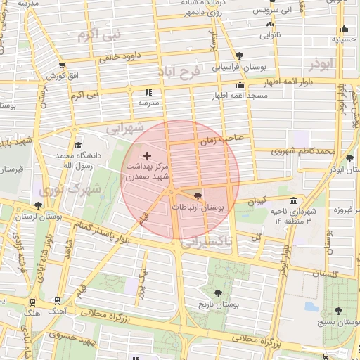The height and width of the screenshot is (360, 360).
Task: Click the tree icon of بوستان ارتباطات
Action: tap(197, 196)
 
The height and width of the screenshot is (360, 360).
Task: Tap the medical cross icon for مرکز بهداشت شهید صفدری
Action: tap(147, 155)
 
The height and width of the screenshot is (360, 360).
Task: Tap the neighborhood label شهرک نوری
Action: tap(70, 189)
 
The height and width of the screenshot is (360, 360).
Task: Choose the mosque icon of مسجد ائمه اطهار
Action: tap(240, 84)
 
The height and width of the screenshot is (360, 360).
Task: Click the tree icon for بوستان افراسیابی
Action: tap(240, 56)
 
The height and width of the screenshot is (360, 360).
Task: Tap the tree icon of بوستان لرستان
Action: tap(37, 205)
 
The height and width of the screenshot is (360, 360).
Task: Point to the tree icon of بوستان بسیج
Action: tap(338, 311)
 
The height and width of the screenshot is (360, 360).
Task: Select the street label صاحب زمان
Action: tap(221, 139)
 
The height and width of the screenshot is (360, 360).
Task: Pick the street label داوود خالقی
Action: tap(120, 58)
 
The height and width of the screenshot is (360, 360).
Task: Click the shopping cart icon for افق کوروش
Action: tap(51, 75)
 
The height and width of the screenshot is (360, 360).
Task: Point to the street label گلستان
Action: tap(323, 274)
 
